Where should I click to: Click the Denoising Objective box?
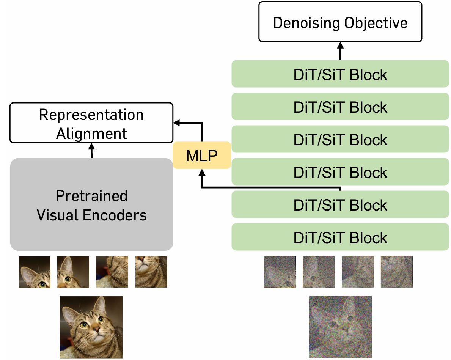tap(340, 22)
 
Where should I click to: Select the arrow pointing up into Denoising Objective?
tap(340, 51)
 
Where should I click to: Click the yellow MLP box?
tap(202, 156)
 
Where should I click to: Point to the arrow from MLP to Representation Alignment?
tap(202, 123)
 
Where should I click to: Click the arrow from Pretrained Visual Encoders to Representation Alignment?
tap(91, 151)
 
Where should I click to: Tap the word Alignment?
tap(91, 134)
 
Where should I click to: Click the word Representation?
tap(91, 115)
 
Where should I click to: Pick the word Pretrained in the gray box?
tap(91, 196)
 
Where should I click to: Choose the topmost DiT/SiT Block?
tap(340, 74)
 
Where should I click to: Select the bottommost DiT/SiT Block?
tap(340, 237)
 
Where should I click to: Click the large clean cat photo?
tap(91, 327)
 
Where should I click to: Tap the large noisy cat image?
tap(340, 327)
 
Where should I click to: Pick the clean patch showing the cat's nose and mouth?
tap(151, 272)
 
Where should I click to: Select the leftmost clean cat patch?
tap(35, 272)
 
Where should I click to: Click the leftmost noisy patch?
tap(280, 272)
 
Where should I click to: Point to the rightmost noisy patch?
tap(397, 272)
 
